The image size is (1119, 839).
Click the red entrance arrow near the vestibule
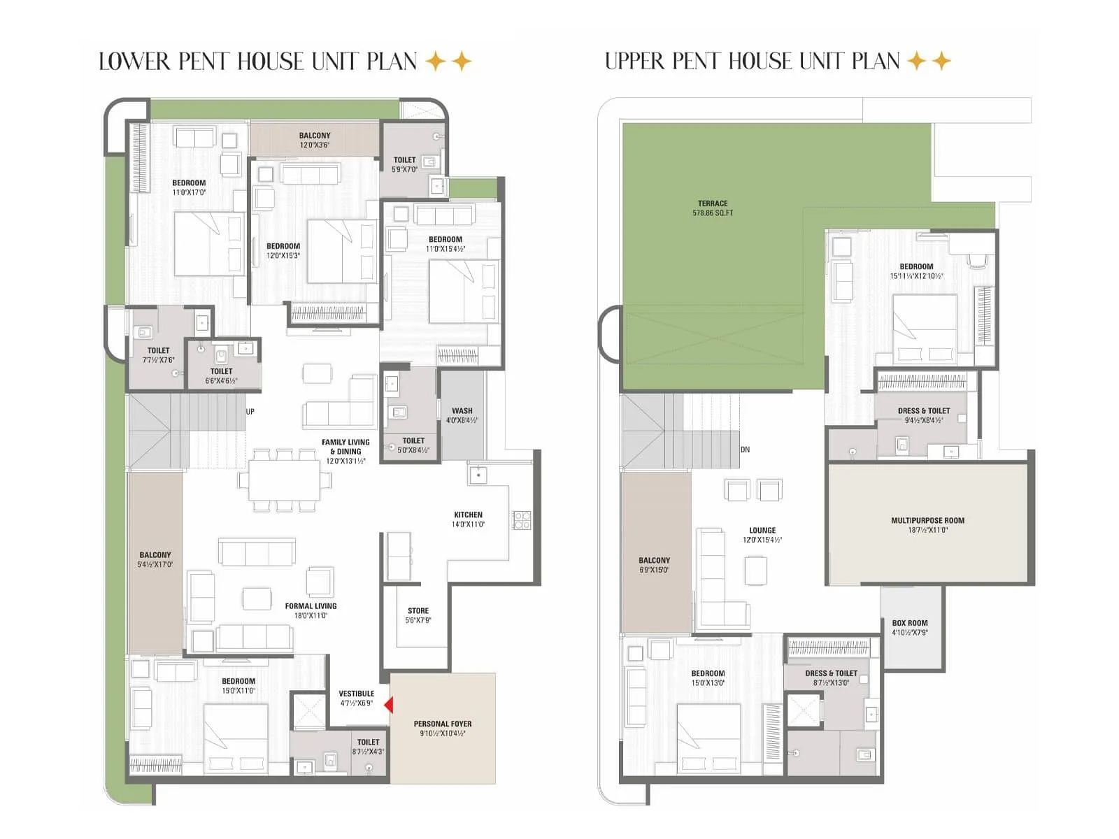[x=389, y=705]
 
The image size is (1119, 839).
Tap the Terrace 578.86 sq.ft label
[x=713, y=208]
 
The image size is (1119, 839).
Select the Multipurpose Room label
[x=927, y=524]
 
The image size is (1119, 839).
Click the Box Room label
[x=910, y=627]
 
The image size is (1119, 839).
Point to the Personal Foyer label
[x=442, y=728]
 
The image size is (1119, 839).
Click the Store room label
[x=418, y=615]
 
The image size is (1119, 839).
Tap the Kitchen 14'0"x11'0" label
[x=468, y=519]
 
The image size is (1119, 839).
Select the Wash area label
[x=462, y=415]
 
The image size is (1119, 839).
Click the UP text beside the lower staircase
[x=250, y=411]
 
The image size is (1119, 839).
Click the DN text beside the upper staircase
[x=745, y=450]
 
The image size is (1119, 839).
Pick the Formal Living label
[x=311, y=610]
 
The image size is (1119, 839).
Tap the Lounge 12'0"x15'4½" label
[x=762, y=534]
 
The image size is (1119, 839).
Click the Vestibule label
[x=356, y=698]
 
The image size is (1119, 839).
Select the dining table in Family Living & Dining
[x=284, y=480]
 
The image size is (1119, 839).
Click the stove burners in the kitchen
[x=522, y=519]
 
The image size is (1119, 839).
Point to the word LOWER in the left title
[x=135, y=62]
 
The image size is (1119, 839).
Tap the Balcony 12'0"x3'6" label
[x=314, y=140]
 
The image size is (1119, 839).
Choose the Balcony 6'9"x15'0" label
[x=654, y=564]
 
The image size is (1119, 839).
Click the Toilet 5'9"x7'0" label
[x=404, y=164]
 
